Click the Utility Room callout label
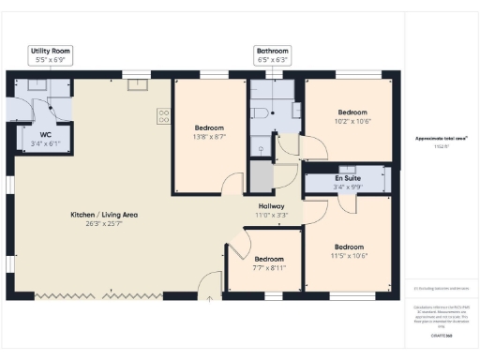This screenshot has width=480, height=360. (51, 55)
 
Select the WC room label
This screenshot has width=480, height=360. (45, 140)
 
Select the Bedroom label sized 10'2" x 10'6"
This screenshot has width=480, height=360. (352, 115)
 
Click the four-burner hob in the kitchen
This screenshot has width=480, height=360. (163, 117)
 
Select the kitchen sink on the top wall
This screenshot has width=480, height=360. (136, 85)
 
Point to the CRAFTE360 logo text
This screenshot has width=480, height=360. (442, 335)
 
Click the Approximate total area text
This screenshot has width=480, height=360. (442, 139)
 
